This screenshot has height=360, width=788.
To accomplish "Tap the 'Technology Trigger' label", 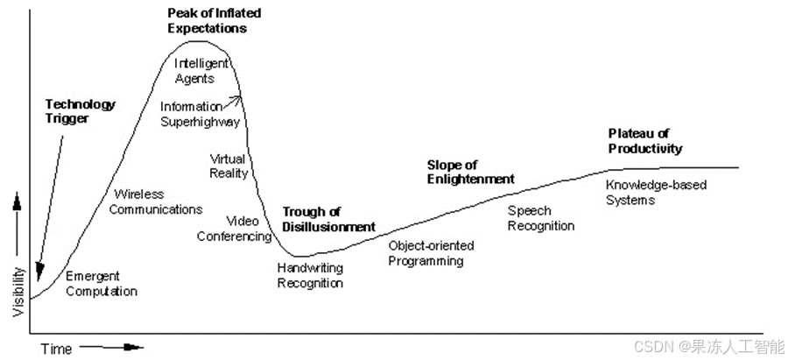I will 80,111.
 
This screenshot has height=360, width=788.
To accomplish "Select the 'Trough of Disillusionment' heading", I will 328,219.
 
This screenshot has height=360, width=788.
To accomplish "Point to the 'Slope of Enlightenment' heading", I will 470,172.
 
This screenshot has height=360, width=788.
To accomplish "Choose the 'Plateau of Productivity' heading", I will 644,141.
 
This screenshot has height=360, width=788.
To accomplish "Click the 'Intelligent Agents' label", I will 201,71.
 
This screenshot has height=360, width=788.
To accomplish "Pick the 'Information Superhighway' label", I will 200,115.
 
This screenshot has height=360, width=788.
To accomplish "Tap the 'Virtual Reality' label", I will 229,166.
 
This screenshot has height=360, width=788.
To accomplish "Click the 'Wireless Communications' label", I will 158,201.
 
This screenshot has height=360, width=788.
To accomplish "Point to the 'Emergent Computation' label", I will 102,283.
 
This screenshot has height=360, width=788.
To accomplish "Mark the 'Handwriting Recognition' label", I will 310,275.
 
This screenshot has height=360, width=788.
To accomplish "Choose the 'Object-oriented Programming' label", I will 426,253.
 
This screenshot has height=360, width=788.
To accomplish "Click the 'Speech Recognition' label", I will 541,218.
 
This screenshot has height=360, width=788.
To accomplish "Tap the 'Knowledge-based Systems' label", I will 656,192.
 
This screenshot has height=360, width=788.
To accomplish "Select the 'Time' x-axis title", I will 56,349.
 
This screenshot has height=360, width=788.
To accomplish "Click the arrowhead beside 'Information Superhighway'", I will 236,100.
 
